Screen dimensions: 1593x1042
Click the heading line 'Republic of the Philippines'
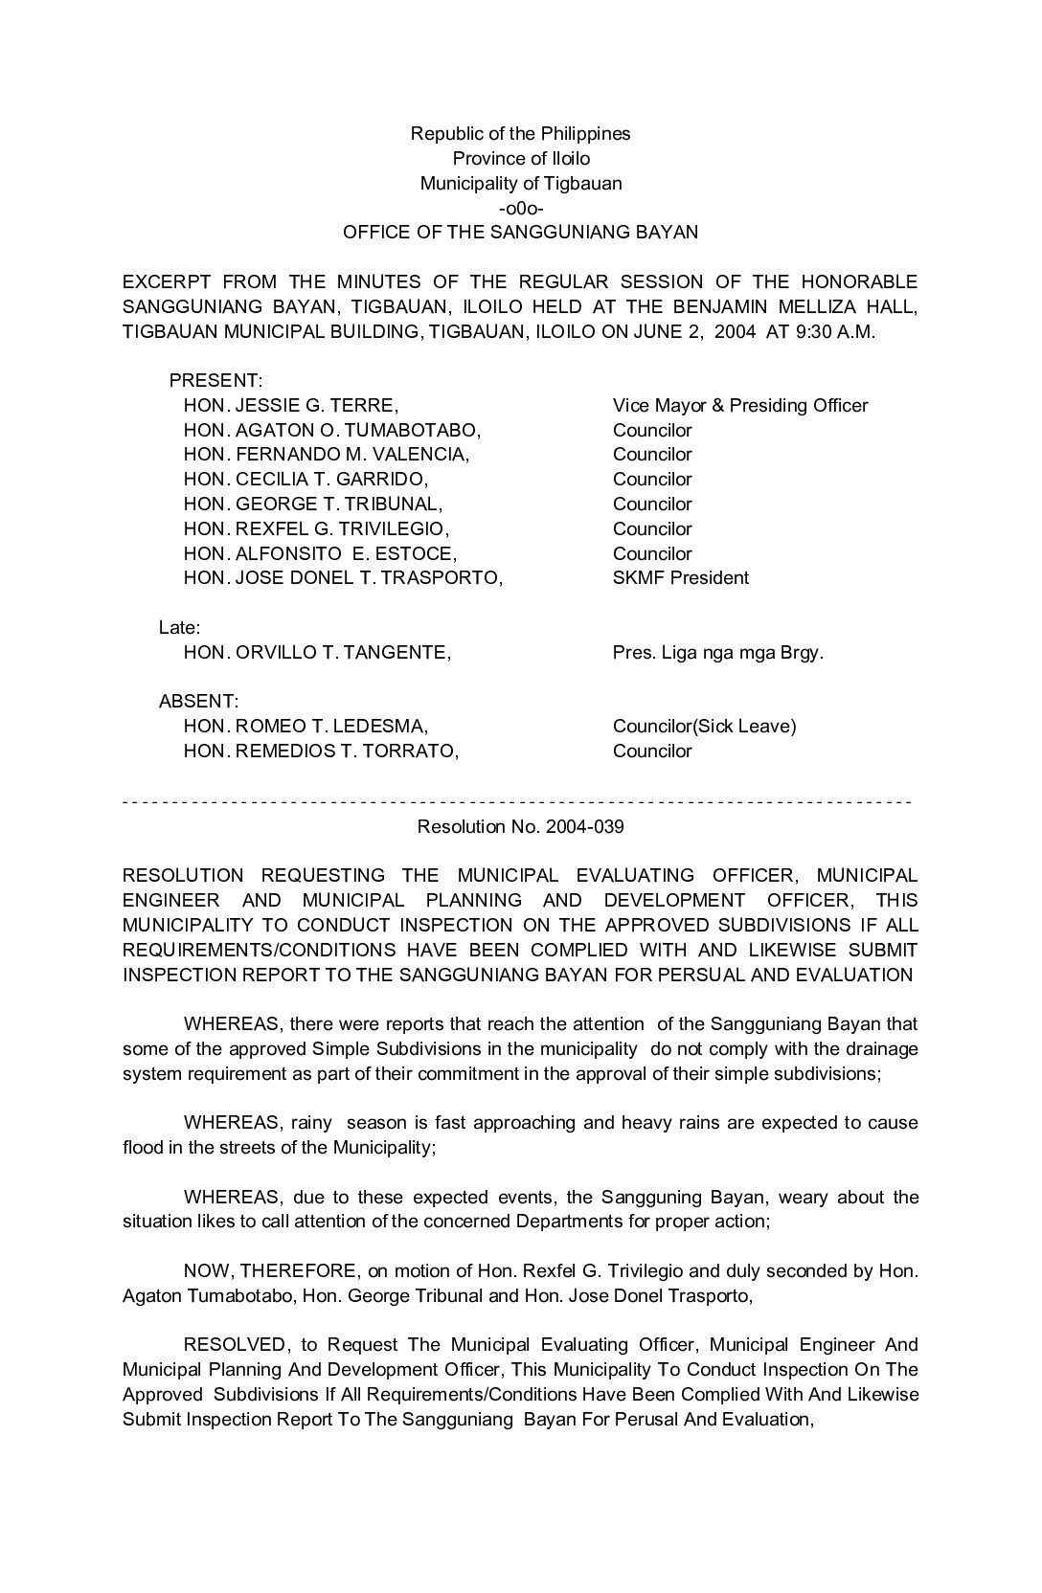pos(520,134)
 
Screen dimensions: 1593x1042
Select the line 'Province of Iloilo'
pos(521,159)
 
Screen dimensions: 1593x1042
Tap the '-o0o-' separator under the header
pos(521,208)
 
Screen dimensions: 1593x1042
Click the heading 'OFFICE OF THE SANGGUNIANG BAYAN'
pos(520,233)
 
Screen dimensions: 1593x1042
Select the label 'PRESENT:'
pos(215,381)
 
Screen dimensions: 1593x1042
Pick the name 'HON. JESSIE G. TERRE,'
pos(290,406)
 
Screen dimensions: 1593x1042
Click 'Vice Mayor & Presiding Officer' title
pos(739,406)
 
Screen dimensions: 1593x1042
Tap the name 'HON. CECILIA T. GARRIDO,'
pos(306,480)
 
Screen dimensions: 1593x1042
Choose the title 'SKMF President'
pos(680,578)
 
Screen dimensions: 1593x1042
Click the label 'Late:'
pos(179,628)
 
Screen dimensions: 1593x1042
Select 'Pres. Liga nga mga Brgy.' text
pos(717,653)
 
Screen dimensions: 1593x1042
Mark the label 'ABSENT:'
pos(198,702)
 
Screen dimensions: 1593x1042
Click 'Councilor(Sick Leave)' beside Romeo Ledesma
pos(704,727)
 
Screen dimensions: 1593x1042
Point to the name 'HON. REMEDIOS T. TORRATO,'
pos(321,752)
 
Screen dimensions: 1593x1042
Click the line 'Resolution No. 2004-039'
pos(520,827)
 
